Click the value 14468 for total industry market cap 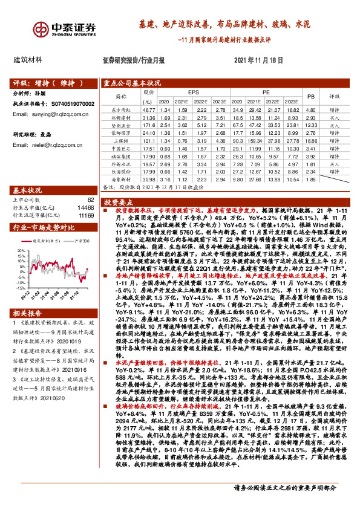pos(85,207)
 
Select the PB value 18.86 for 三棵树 pos(311,140)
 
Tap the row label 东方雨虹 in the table pos(122,109)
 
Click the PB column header pos(311,96)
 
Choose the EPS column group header pos(193,92)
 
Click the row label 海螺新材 pos(122,180)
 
